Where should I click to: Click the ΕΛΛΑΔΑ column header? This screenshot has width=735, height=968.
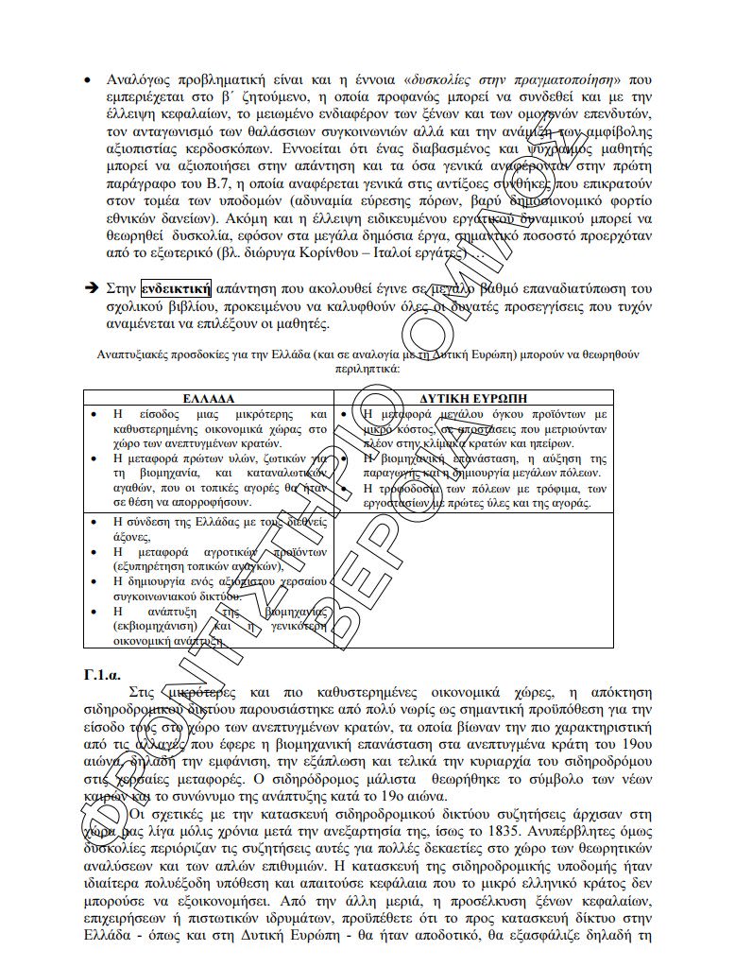208,398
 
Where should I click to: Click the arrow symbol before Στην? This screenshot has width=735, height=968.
92,289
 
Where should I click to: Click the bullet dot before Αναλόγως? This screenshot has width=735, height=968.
88,78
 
